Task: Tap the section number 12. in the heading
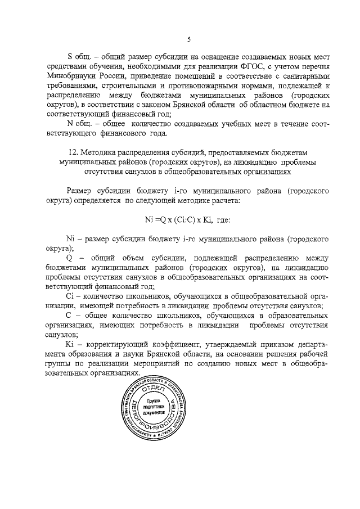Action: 71,152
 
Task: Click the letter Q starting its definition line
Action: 70,257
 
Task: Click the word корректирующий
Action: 114,343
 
